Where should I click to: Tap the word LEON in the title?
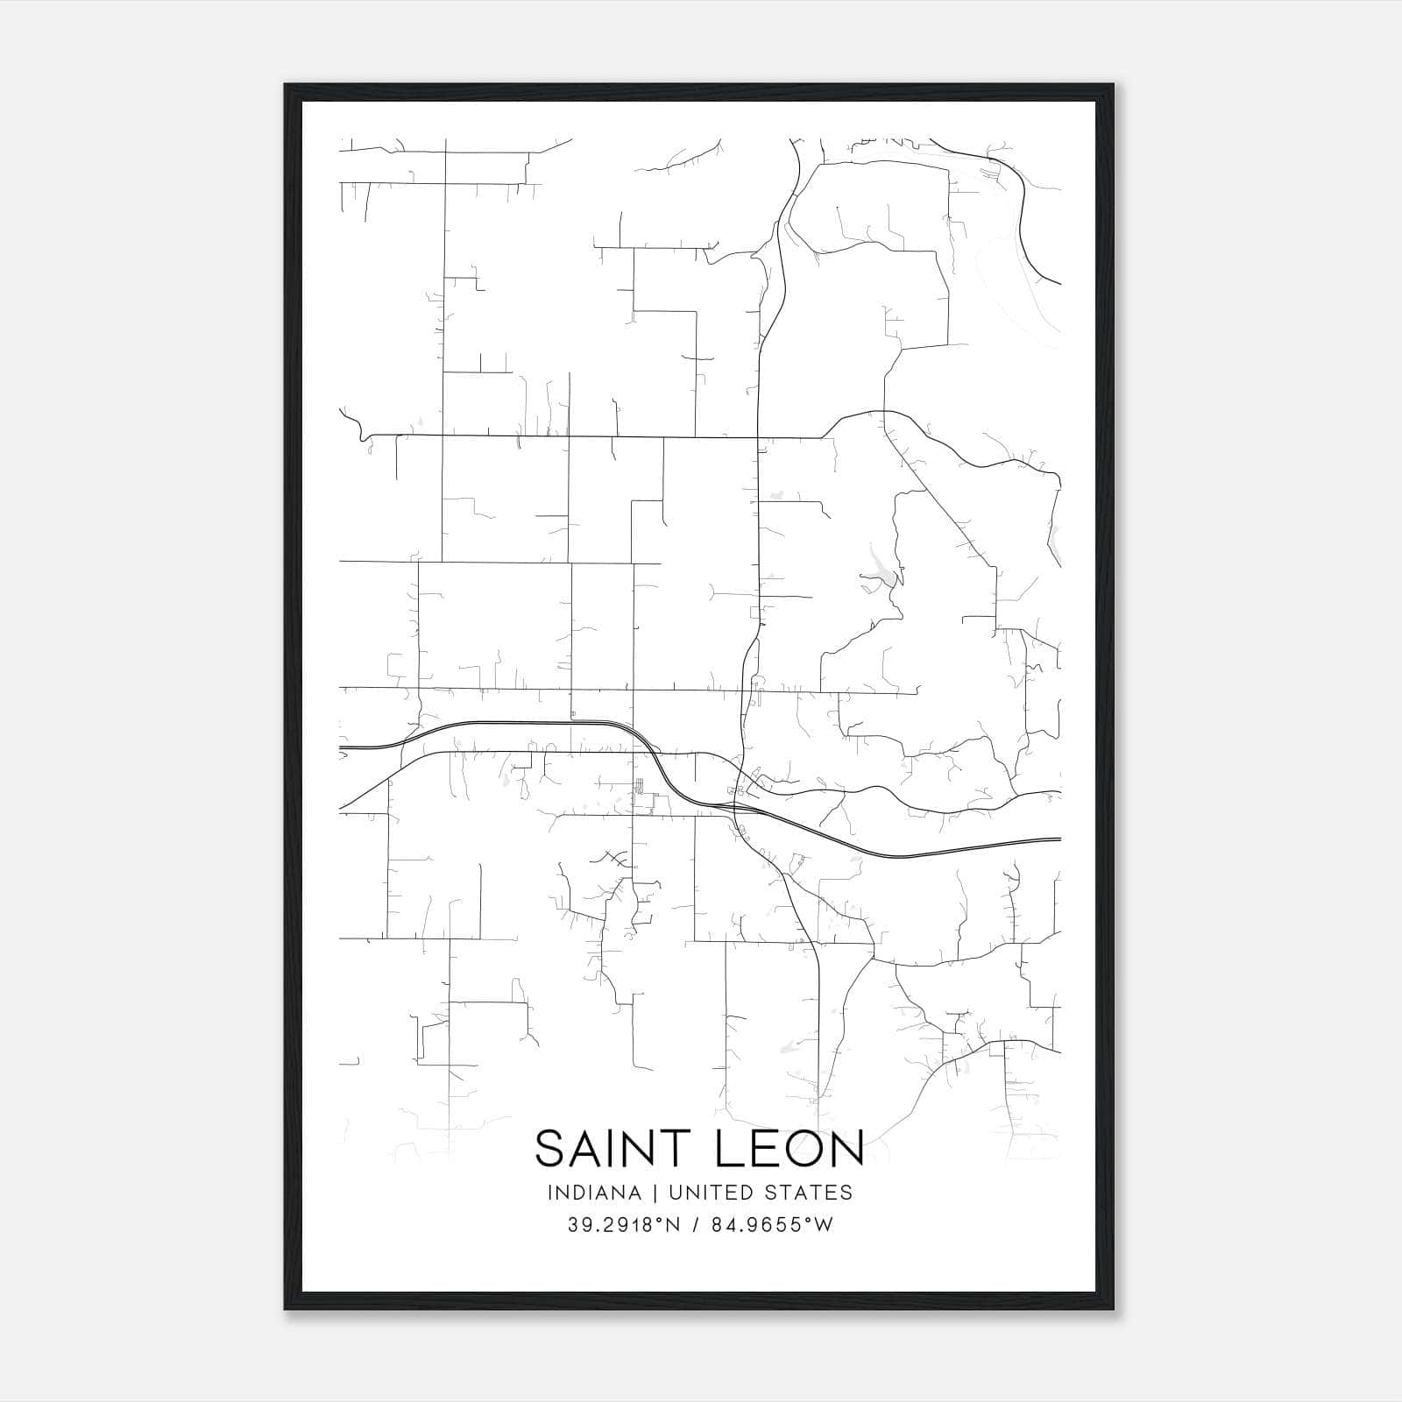(x=791, y=1149)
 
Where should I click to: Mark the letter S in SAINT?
(x=549, y=1149)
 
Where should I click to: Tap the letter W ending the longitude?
(x=824, y=1225)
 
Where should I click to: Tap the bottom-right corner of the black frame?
(x=1113, y=1309)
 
